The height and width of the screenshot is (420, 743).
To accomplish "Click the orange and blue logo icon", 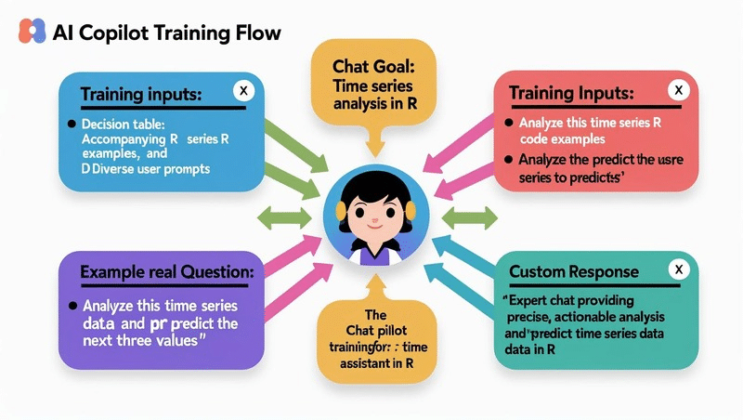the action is click(32, 32).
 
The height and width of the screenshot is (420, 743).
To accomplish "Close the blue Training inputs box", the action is click(243, 90).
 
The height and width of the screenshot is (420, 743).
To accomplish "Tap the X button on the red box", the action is click(679, 89).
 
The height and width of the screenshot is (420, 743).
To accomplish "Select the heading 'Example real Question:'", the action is click(167, 272).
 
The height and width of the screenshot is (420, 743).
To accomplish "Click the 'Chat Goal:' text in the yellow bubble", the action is click(373, 66).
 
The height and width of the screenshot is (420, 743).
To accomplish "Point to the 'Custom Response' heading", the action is click(574, 271).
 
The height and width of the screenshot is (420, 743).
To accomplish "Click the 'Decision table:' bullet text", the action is click(124, 125).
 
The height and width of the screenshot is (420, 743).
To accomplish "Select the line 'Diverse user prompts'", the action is click(150, 169).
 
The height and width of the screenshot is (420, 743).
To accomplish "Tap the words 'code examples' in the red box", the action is click(563, 138).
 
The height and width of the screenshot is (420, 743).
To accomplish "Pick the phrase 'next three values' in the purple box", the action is click(140, 340).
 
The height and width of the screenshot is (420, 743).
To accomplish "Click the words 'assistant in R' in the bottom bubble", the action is click(377, 363).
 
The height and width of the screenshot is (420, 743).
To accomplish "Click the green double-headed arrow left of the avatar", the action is click(284, 218).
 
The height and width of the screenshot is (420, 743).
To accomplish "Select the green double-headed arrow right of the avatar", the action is click(470, 218).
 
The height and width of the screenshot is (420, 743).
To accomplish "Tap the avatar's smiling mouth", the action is click(375, 226).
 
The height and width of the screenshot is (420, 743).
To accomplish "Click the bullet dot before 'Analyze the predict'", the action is click(508, 159).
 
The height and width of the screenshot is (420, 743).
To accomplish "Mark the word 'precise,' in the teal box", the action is click(528, 317).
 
